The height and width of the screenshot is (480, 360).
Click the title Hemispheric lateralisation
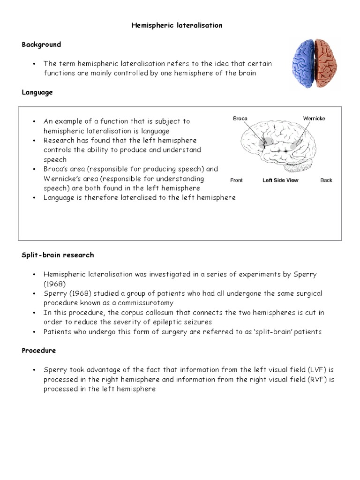176,25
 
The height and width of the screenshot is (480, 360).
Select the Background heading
41,45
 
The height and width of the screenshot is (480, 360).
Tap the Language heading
37,92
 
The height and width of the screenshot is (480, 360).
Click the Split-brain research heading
58,255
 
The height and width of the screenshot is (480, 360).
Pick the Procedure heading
39,351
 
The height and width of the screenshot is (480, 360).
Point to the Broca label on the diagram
240,119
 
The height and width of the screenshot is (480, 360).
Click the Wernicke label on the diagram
314,119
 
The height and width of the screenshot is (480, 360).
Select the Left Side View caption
280,180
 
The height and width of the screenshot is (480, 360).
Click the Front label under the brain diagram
237,180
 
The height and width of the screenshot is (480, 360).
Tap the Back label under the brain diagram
326,180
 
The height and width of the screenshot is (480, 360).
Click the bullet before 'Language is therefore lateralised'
35,198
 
